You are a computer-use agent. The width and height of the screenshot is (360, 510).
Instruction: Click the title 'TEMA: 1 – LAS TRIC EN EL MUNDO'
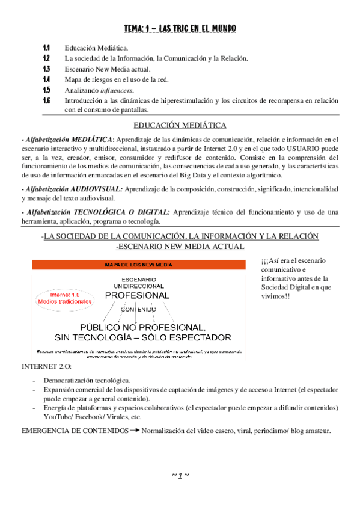[x=180, y=28]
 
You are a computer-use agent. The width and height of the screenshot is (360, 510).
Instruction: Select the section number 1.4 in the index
[x=46, y=79]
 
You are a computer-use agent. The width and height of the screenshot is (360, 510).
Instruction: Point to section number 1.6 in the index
[x=46, y=100]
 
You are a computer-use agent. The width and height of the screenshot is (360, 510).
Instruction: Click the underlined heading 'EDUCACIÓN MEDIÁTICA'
[x=180, y=125]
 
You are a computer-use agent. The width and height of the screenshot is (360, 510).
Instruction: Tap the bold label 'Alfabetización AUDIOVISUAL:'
[x=72, y=189]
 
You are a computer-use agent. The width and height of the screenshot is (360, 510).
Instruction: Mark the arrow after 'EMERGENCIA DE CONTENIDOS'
[x=135, y=431]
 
